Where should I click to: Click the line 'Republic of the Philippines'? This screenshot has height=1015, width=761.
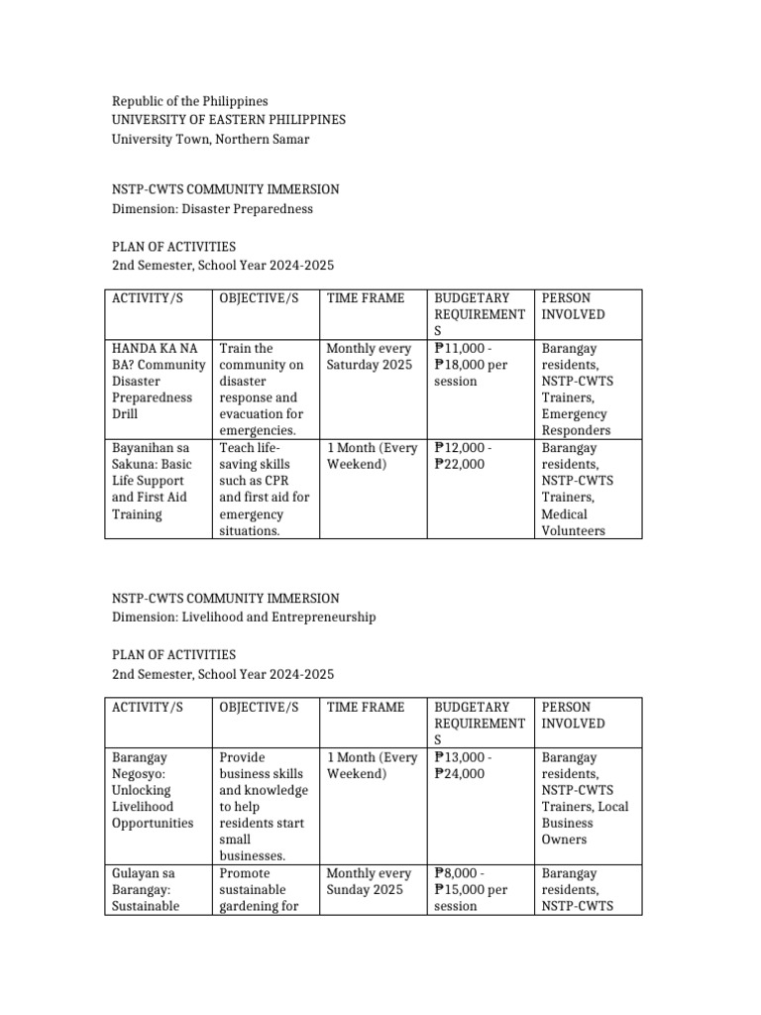point(189,101)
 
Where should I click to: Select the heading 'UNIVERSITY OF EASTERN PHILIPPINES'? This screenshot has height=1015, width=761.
point(229,120)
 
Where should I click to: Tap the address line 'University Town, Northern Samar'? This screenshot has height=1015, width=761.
point(210,139)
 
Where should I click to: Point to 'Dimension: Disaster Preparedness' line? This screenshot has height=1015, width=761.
point(212,208)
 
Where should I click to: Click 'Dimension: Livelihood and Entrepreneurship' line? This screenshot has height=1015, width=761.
point(243,617)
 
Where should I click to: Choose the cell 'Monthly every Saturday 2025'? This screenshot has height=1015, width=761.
point(368,357)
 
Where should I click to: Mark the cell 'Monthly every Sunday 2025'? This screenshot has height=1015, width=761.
point(368,881)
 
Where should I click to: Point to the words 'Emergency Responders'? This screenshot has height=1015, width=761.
point(576,422)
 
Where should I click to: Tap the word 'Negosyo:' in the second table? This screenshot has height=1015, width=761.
point(140,773)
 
